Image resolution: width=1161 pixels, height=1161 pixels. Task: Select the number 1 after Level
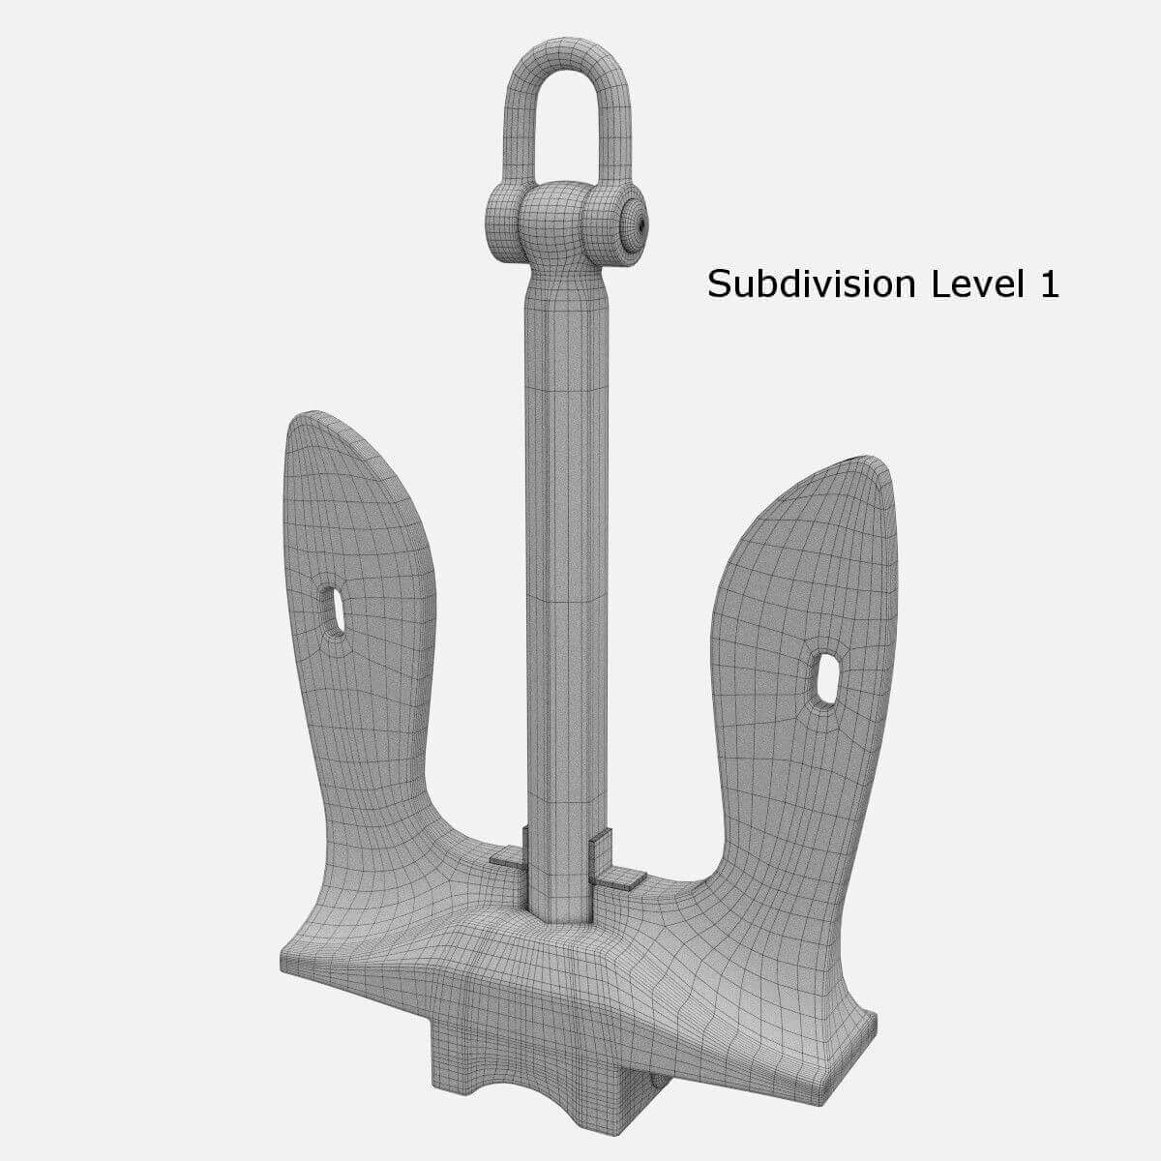[1050, 284]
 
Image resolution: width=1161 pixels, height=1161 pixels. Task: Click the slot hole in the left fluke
[334, 610]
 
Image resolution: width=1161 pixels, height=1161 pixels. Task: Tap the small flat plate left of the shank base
[505, 855]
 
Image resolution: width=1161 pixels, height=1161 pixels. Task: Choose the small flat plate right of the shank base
[619, 876]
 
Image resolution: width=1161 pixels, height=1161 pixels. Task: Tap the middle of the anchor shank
[566, 580]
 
